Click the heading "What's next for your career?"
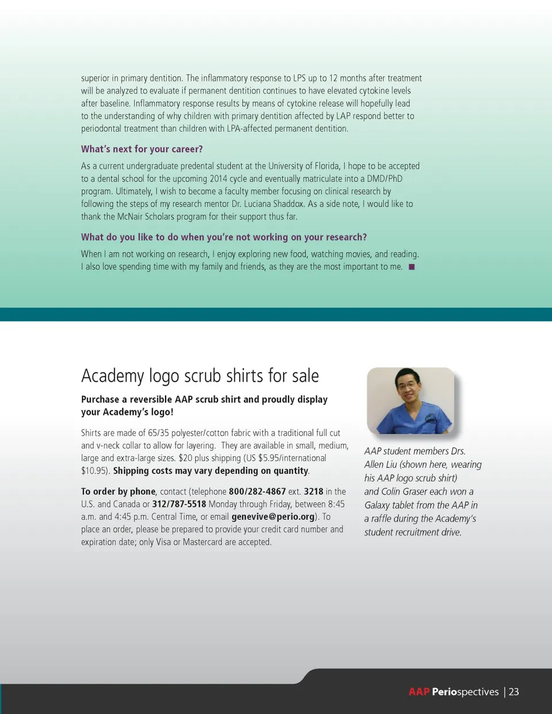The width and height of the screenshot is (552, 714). click(x=142, y=149)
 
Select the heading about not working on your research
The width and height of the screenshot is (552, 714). click(x=224, y=237)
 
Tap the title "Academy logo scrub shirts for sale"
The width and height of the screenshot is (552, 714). click(x=200, y=376)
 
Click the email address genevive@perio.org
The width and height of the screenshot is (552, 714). click(x=273, y=516)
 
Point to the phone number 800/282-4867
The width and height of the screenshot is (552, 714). click(x=257, y=491)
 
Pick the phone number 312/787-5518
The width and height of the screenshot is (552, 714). click(x=179, y=504)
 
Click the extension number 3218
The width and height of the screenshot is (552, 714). click(x=313, y=491)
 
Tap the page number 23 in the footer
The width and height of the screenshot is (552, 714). click(x=513, y=692)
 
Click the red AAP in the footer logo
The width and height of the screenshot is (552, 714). click(x=419, y=692)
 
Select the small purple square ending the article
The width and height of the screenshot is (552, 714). click(x=412, y=267)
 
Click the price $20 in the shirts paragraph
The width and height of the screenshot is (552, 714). click(x=185, y=458)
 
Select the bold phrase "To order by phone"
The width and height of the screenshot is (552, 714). click(x=118, y=491)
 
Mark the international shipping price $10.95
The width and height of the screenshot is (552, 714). click(x=94, y=470)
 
